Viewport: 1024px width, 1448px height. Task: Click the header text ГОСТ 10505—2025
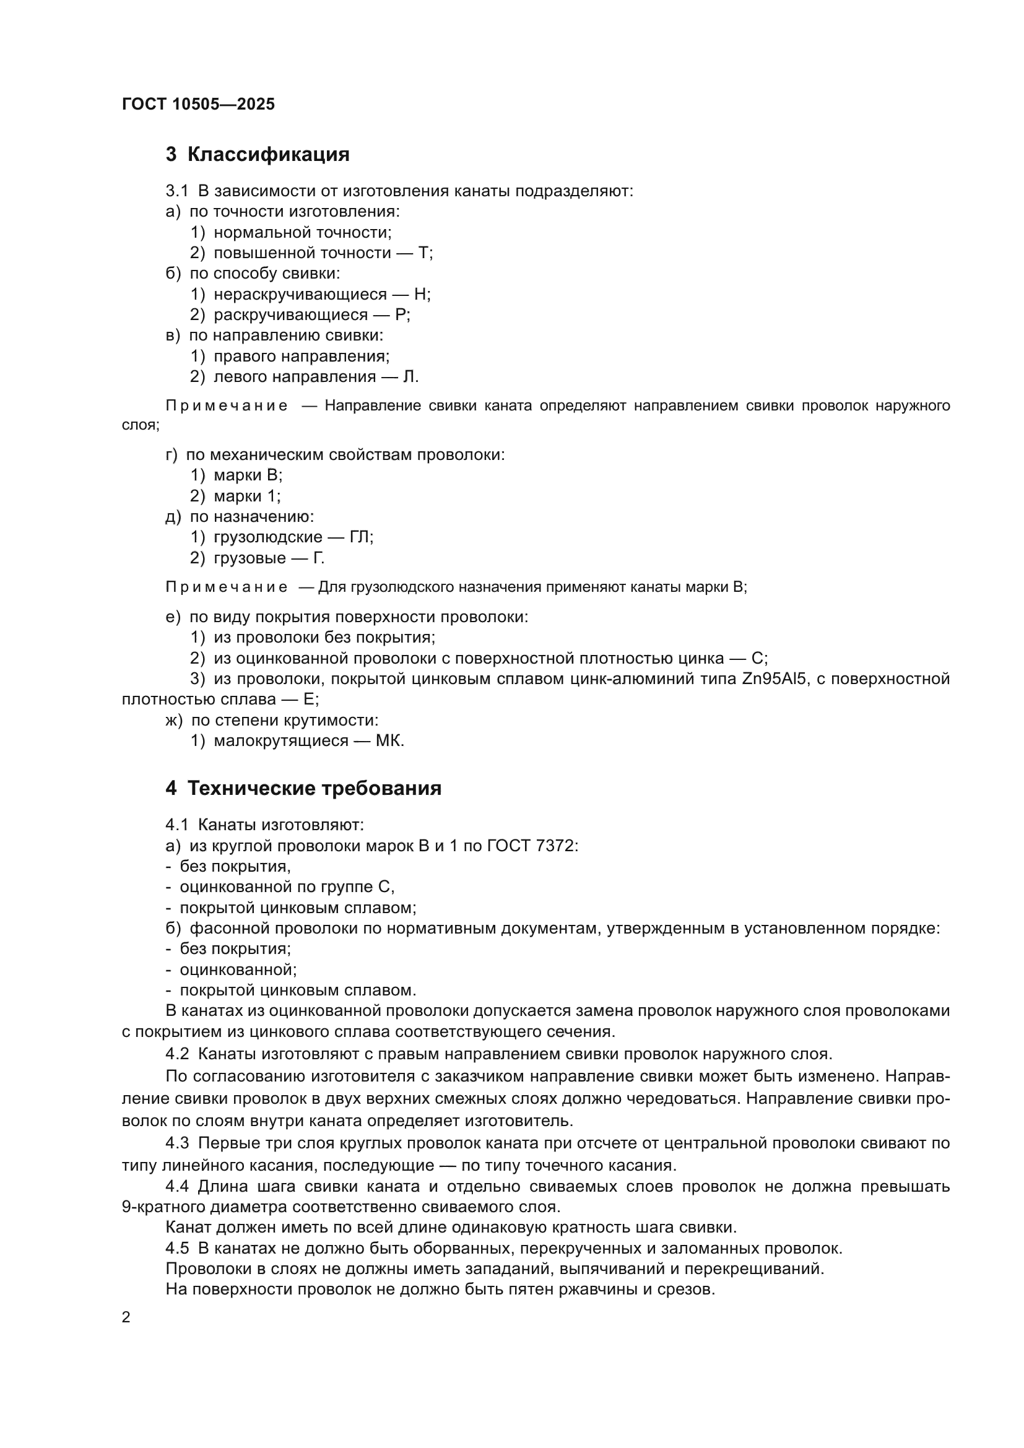click(198, 104)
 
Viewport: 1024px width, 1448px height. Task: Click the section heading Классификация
click(268, 155)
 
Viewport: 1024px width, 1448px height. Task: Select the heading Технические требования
click(314, 788)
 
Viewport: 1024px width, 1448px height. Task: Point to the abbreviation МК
click(388, 741)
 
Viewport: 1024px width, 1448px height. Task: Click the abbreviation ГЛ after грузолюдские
click(360, 537)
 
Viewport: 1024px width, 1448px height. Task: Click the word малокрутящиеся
click(280, 741)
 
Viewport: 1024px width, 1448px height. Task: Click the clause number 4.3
click(177, 1143)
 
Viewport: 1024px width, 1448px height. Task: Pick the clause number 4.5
click(177, 1248)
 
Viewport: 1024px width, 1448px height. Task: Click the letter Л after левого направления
click(410, 377)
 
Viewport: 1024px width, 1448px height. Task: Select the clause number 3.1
click(176, 191)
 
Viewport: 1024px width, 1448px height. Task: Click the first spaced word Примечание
click(227, 406)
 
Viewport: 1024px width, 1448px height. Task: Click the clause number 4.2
click(177, 1054)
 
